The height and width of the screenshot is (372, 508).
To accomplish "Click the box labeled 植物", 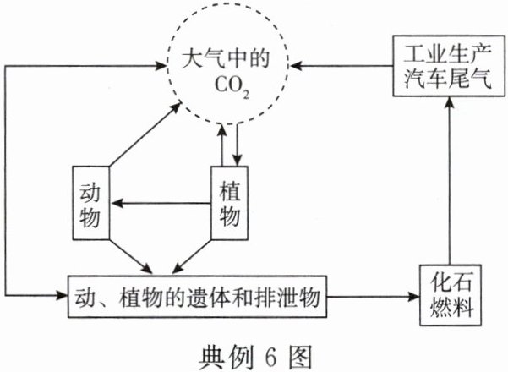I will pyautogui.click(x=228, y=205).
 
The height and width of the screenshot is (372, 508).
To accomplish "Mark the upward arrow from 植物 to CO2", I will pyautogui.click(x=221, y=144).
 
